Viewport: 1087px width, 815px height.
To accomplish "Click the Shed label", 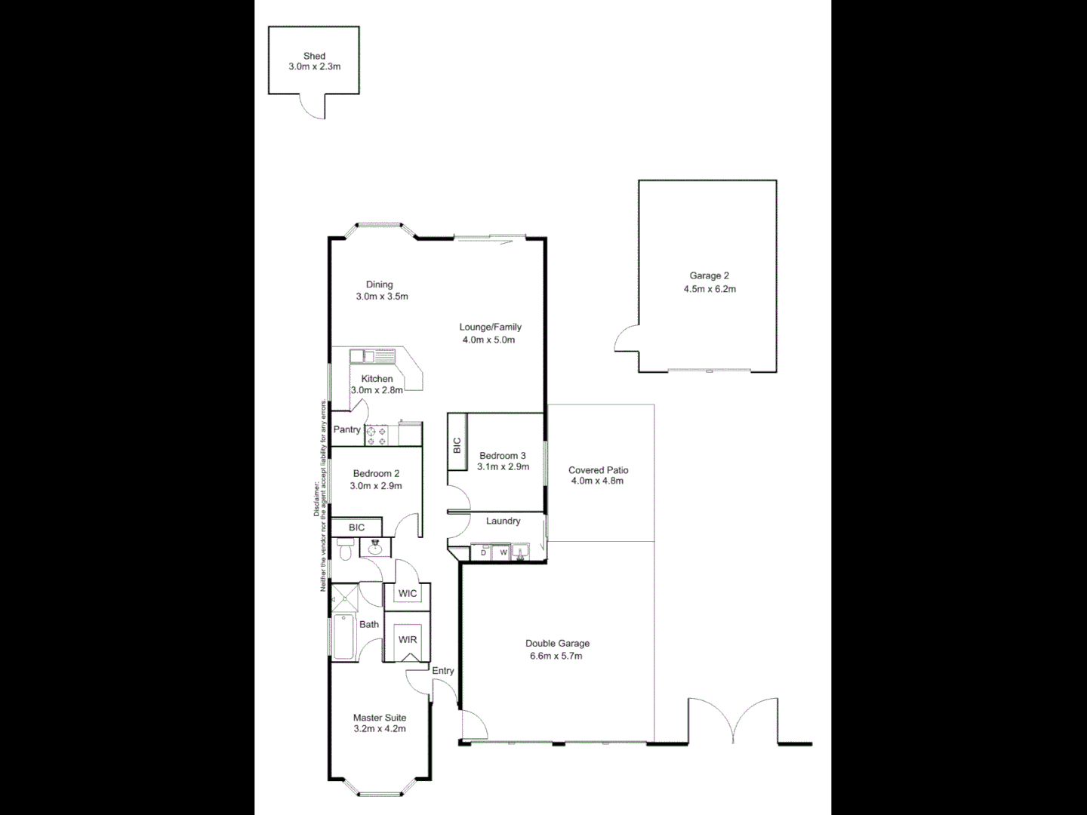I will (314, 56).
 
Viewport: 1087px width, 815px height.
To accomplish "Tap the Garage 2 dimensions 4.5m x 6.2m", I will (709, 289).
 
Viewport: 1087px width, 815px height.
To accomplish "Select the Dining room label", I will (380, 284).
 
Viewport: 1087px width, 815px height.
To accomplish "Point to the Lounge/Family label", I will (490, 327).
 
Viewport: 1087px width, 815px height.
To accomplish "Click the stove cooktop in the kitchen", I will (376, 435).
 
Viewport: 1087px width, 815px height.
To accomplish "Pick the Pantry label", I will (347, 429).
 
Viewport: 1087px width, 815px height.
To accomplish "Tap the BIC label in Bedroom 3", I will (457, 445).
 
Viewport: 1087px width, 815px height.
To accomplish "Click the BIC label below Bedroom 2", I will (356, 527).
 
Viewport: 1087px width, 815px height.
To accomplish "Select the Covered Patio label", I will (598, 470).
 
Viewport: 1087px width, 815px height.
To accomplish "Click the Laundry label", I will (503, 521).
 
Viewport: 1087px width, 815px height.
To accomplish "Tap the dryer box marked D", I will (483, 553).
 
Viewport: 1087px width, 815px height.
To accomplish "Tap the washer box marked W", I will (502, 553).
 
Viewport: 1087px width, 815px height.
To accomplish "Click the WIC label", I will (408, 593).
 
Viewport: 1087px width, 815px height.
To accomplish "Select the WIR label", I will (408, 639).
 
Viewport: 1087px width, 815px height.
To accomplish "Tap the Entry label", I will (443, 670).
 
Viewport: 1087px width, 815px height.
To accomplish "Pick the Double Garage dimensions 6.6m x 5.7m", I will (557, 656).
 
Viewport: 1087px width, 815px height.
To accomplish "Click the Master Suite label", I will (380, 718).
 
